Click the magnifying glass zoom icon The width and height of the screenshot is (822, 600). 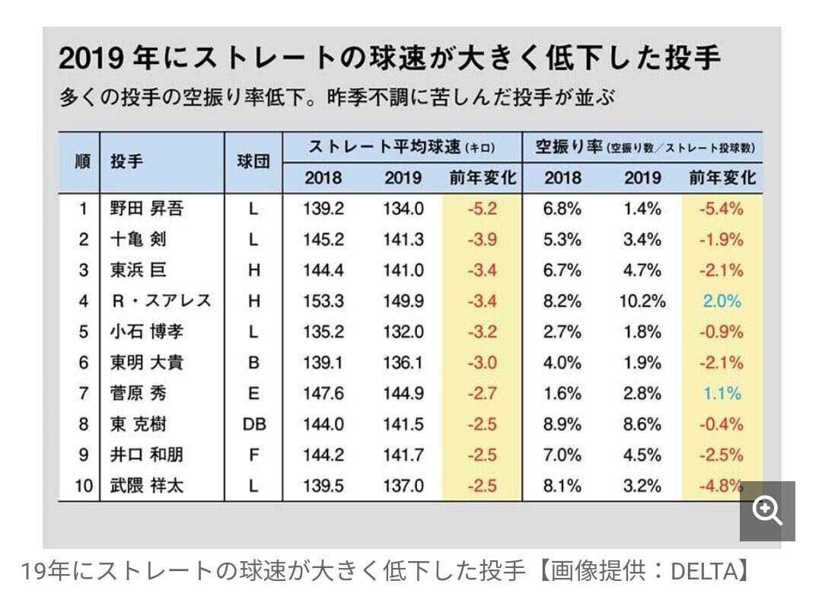click(766, 511)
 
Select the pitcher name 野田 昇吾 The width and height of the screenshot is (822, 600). click(146, 208)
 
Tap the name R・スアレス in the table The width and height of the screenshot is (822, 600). click(160, 301)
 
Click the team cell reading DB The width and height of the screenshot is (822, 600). click(253, 424)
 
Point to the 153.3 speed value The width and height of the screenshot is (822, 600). click(323, 301)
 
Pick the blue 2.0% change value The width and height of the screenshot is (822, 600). click(721, 301)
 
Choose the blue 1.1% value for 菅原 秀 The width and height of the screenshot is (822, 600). click(721, 394)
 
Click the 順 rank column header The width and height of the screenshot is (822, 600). click(80, 162)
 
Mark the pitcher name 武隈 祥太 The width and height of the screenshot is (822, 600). click(146, 486)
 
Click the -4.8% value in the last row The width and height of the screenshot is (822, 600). click(719, 486)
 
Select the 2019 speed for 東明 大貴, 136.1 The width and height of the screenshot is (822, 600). click(403, 362)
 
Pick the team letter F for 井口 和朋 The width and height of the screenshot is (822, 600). click(253, 455)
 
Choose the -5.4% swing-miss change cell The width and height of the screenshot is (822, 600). click(721, 208)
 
